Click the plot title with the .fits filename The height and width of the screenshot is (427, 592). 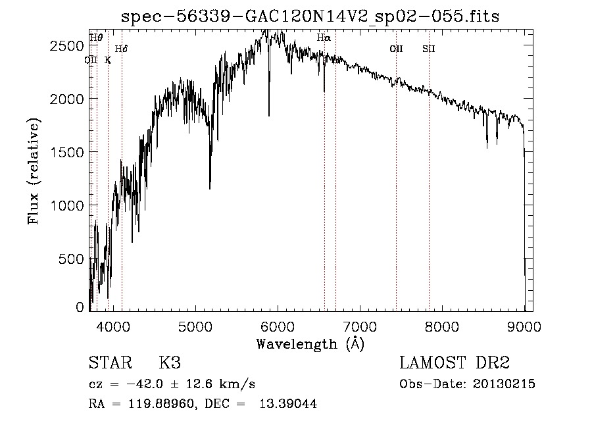tap(310, 16)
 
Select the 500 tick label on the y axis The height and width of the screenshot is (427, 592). tap(71, 259)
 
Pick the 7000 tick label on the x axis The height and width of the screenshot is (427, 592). tap(360, 326)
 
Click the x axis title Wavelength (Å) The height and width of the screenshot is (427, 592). tap(310, 343)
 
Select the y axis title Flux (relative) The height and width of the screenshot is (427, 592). tap(33, 171)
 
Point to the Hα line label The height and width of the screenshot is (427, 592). tap(324, 38)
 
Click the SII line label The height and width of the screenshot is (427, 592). tap(429, 48)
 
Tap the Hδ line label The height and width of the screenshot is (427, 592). tap(121, 49)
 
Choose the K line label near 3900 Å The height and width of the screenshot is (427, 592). tap(108, 60)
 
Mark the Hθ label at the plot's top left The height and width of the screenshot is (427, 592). tap(96, 38)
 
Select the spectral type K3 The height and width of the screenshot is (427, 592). tap(170, 364)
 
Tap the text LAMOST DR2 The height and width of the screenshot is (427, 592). tap(455, 364)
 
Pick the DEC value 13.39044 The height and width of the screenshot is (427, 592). tap(292, 404)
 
